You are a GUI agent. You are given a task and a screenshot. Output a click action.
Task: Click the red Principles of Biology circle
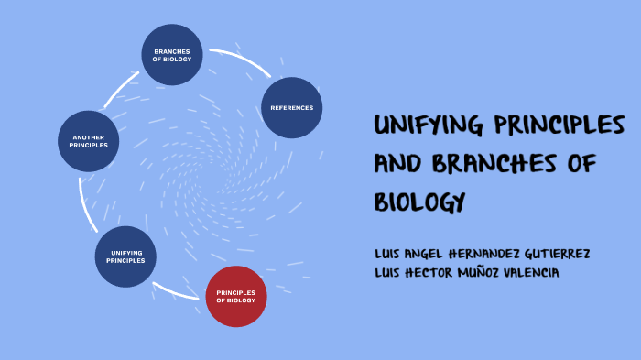236,296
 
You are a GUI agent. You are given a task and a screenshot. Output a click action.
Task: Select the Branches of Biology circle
172,55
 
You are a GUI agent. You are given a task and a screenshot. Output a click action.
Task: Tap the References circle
292,108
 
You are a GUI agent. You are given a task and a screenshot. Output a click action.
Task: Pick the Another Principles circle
89,141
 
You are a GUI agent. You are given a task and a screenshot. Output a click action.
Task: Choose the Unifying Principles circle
126,256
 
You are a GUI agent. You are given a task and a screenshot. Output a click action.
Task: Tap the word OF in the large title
582,163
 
